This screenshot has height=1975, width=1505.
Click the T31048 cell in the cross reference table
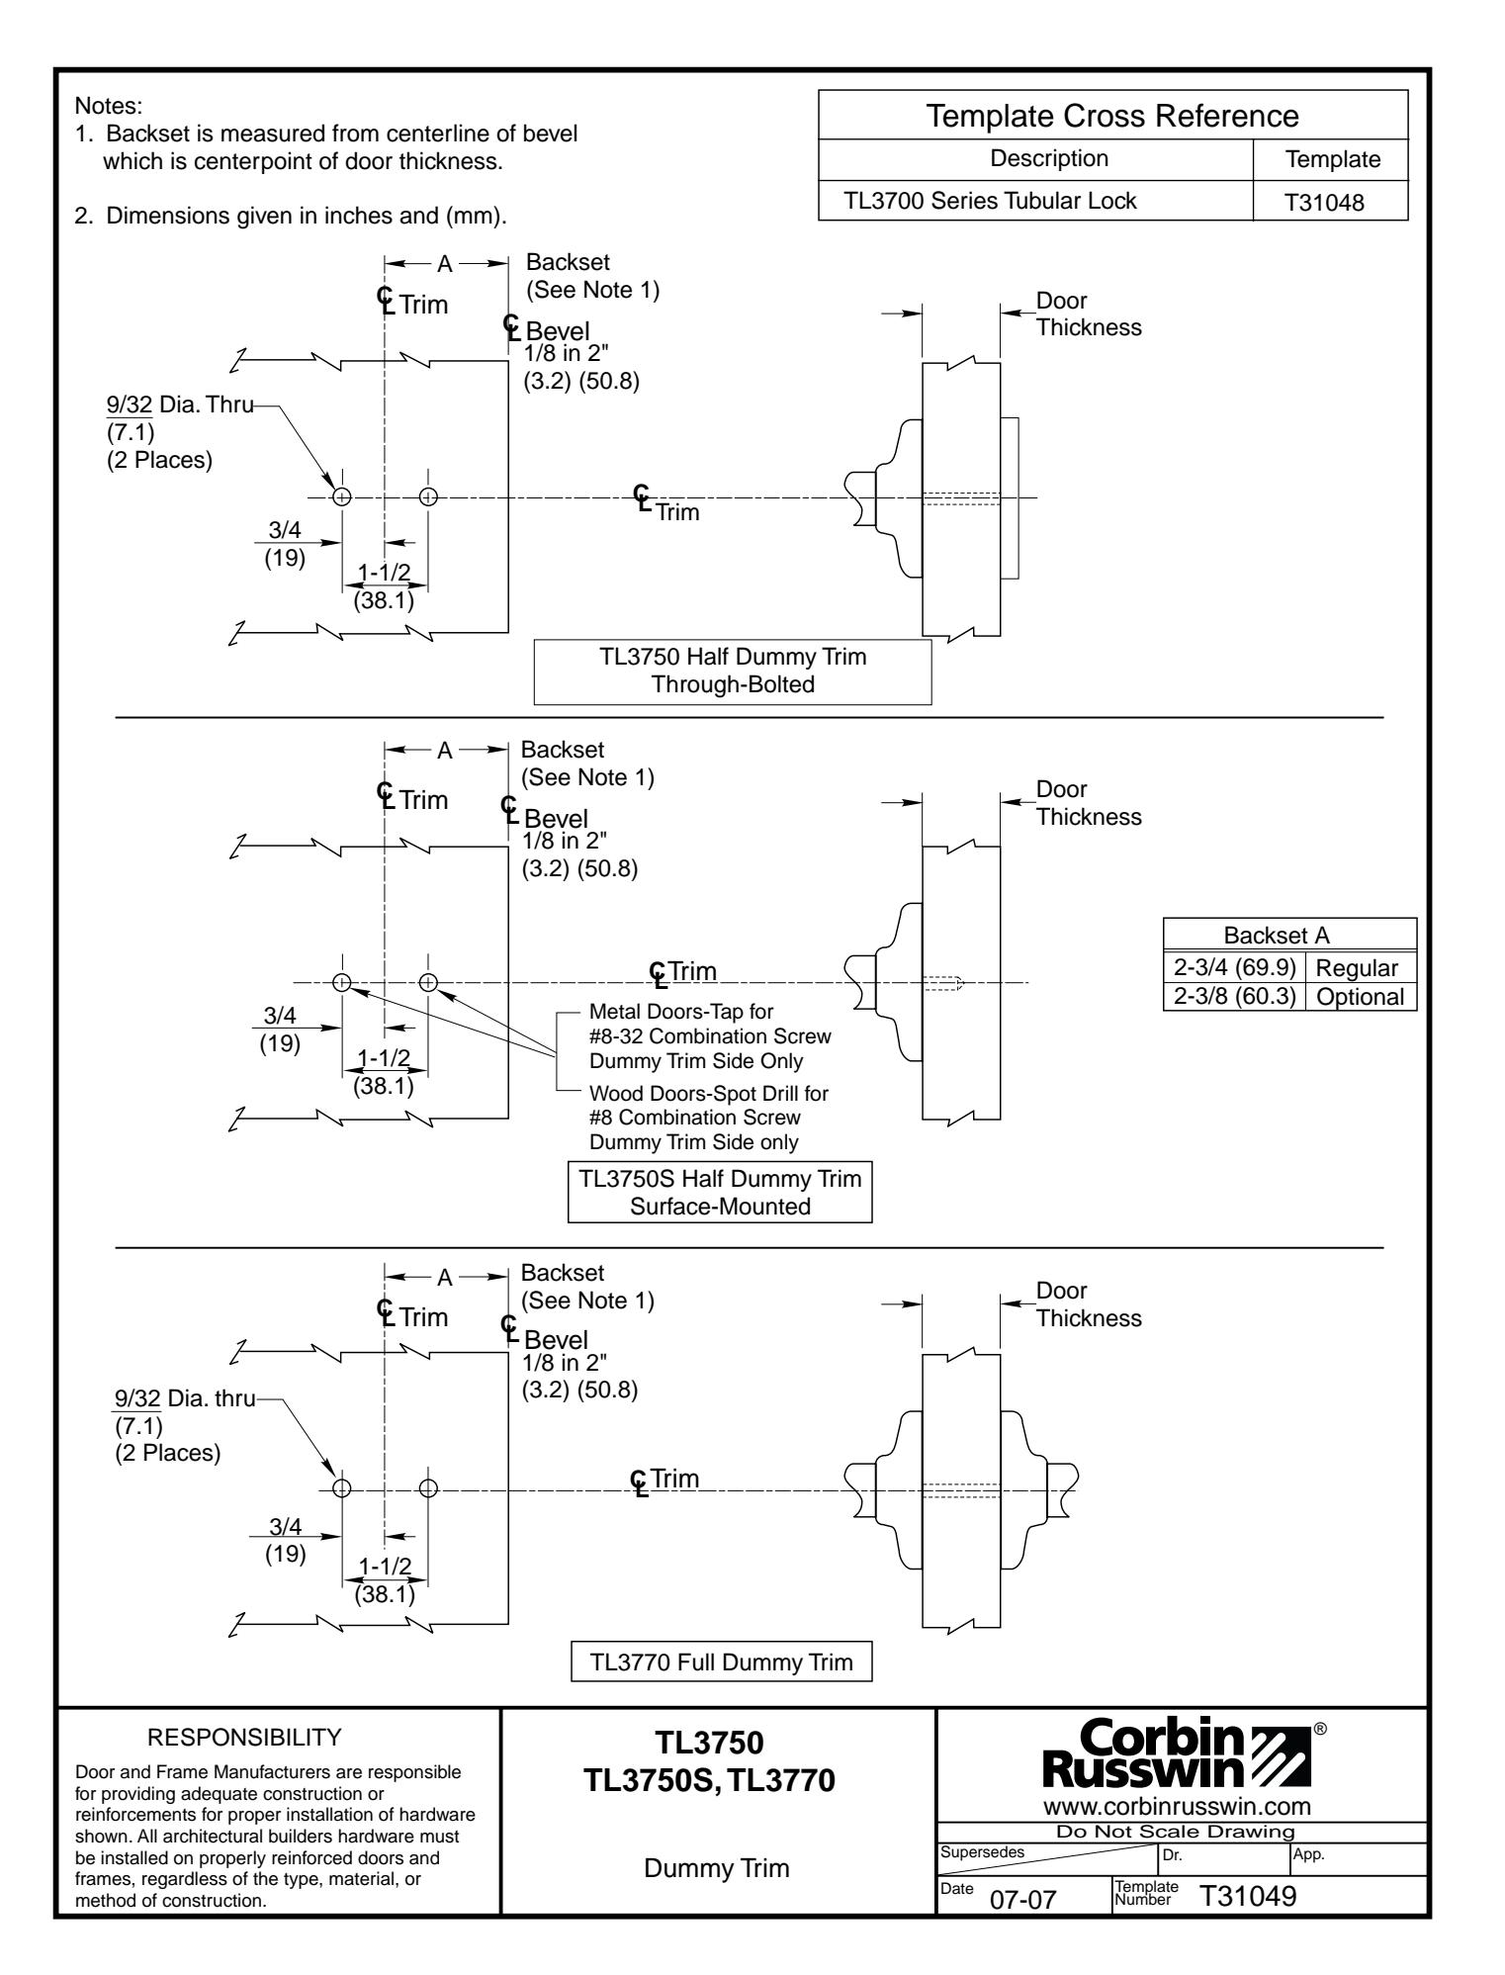pyautogui.click(x=1329, y=202)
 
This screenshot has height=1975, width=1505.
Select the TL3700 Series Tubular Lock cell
pyautogui.click(x=989, y=202)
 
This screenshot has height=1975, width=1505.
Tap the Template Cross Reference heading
pyautogui.click(x=1112, y=115)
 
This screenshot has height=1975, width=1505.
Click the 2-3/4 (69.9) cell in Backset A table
pyautogui.click(x=1235, y=968)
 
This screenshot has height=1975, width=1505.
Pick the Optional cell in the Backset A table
pyautogui.click(x=1361, y=996)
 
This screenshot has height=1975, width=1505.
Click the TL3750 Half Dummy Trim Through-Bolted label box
pyautogui.click(x=732, y=671)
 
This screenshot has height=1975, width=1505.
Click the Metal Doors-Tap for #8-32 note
pyautogui.click(x=709, y=1037)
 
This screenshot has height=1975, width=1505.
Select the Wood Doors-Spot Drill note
pyautogui.click(x=708, y=1118)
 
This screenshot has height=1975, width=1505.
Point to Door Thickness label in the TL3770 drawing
pyautogui.click(x=1088, y=1304)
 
